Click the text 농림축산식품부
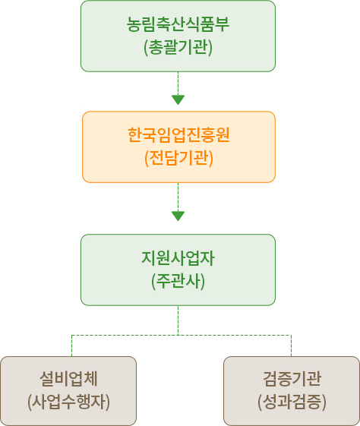(178, 24)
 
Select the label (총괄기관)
(178, 47)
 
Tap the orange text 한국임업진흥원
(178, 134)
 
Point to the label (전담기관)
(178, 158)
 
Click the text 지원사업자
(178, 258)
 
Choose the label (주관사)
(178, 281)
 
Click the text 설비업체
(68, 378)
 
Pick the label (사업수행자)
(68, 402)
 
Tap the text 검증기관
(292, 378)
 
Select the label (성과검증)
(292, 402)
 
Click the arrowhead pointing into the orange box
(178, 99)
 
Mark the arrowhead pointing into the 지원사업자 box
(178, 216)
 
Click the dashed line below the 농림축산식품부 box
(178, 84)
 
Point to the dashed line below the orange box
(178, 197)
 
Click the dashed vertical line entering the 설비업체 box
(71, 346)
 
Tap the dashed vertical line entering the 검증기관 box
(291, 346)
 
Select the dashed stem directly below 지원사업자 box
(178, 320)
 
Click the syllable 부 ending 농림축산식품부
(223, 24)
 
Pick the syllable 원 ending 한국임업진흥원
(223, 134)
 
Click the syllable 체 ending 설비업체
(90, 378)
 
